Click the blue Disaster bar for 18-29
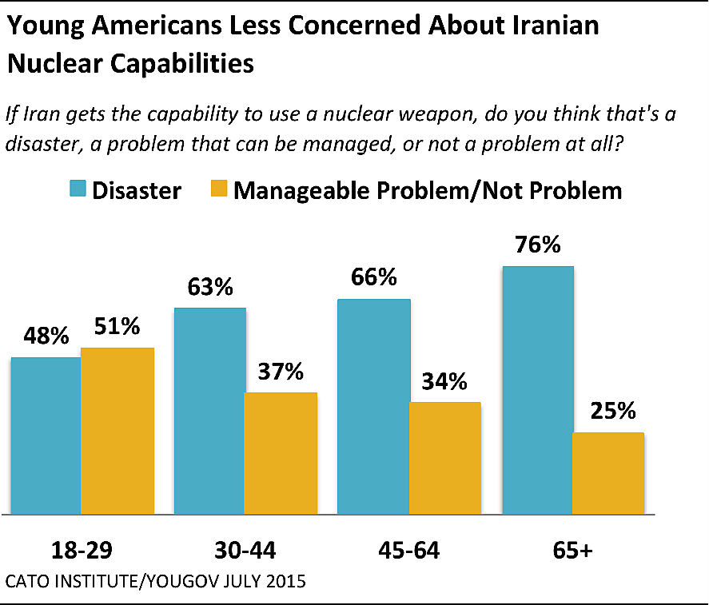46,436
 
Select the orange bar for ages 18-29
118,431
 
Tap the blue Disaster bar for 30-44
209,411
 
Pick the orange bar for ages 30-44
281,453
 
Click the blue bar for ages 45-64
374,407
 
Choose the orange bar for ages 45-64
445,458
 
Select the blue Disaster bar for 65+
538,390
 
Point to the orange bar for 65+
609,473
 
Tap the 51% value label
117,327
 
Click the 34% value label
444,381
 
